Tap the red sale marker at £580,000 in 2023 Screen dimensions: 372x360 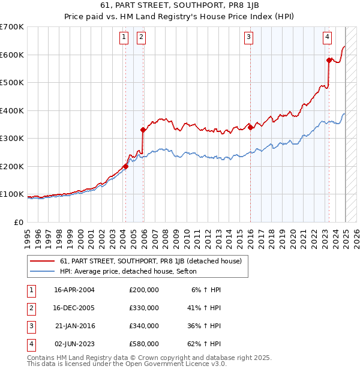pyautogui.click(x=329, y=60)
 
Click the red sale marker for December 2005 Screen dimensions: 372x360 pyautogui.click(x=143, y=130)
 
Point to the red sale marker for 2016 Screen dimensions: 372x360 pyautogui.click(x=250, y=127)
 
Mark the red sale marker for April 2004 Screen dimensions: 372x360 pyautogui.click(x=125, y=166)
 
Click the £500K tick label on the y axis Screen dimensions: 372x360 pyautogui.click(x=11, y=83)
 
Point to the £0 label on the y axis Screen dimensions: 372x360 pyautogui.click(x=19, y=222)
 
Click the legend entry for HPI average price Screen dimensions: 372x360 pyautogui.click(x=133, y=271)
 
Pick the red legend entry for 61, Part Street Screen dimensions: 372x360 pyautogui.click(x=150, y=261)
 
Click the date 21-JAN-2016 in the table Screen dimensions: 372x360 pyautogui.click(x=75, y=326)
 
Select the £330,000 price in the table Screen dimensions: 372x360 pyautogui.click(x=144, y=308)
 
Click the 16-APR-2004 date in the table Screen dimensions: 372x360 pyautogui.click(x=74, y=290)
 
